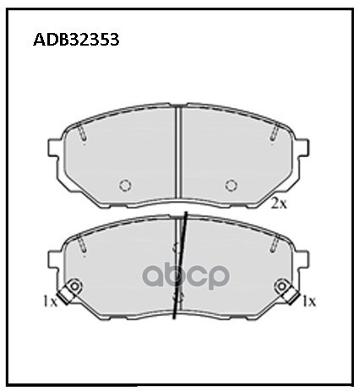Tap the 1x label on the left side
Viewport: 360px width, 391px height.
(50, 300)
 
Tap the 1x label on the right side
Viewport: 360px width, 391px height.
(308, 300)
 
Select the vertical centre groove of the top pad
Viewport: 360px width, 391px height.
(179, 156)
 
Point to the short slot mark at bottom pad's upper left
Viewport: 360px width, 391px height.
(84, 242)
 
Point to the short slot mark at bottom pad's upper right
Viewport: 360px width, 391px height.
(274, 242)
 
